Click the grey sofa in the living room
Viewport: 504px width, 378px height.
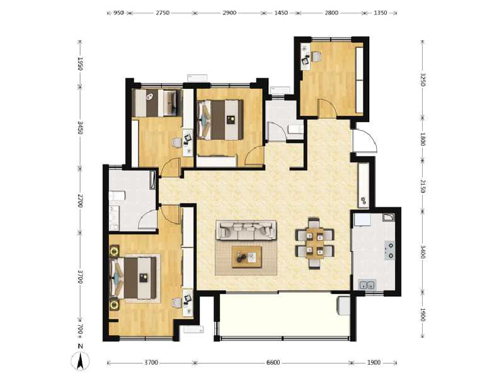click(x=246, y=230)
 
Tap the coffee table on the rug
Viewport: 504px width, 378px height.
click(x=246, y=256)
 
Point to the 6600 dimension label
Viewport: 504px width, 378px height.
click(x=273, y=362)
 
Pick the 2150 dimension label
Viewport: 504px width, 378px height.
click(x=423, y=187)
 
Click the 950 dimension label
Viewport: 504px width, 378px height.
click(x=118, y=13)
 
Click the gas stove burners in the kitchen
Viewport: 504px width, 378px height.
click(x=389, y=251)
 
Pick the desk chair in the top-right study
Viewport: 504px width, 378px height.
click(x=316, y=57)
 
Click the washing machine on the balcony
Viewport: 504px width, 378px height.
click(x=343, y=305)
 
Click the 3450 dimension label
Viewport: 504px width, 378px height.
click(x=80, y=129)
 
